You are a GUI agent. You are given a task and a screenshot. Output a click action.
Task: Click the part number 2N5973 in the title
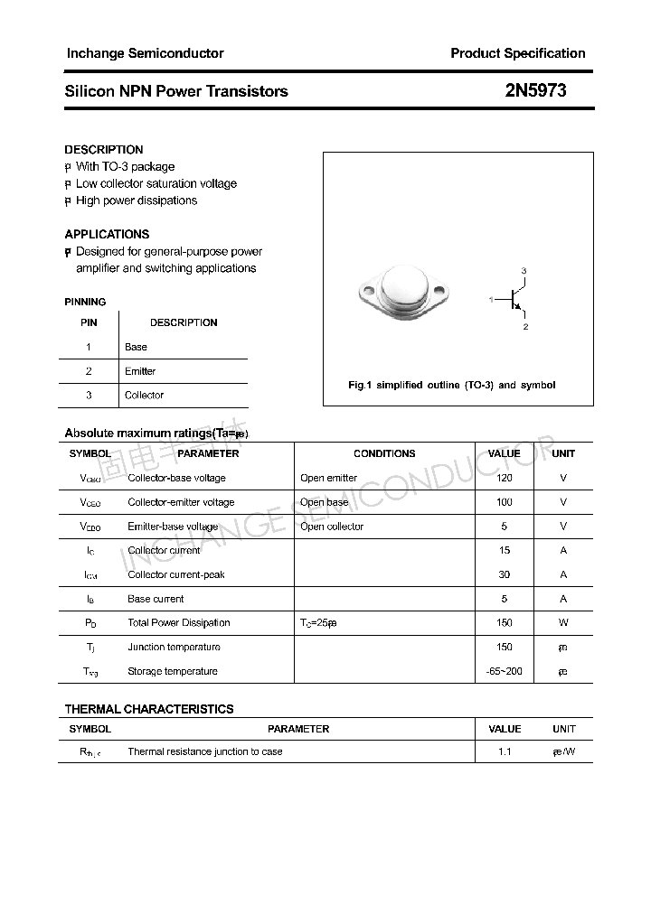(535, 90)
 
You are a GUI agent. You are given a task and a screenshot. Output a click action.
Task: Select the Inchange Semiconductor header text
(145, 53)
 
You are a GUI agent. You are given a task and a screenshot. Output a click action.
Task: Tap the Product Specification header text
(517, 53)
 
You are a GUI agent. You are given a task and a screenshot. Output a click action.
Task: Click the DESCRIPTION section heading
(104, 150)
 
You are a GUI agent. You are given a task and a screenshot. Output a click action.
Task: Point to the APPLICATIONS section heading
(107, 234)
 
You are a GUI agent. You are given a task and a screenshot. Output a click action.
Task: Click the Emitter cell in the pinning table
(140, 371)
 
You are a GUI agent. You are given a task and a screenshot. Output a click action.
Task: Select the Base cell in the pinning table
(136, 347)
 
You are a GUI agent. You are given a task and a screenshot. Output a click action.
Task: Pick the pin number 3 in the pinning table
(89, 396)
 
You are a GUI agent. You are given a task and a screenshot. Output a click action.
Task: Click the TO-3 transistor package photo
(403, 292)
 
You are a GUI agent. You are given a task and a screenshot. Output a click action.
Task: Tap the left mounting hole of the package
(367, 291)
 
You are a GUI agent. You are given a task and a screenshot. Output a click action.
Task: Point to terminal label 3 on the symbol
(524, 272)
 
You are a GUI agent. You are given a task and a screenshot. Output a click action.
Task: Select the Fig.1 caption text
(452, 385)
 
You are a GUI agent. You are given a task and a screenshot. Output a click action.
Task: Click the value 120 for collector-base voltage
(505, 478)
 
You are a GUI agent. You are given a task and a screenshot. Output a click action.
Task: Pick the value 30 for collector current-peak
(505, 574)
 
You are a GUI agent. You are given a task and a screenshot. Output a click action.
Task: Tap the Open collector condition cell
(332, 527)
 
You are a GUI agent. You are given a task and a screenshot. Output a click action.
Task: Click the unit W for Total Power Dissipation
(563, 623)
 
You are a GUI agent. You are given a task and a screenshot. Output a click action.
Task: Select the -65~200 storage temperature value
(505, 671)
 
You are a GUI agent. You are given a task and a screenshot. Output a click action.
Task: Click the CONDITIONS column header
(384, 453)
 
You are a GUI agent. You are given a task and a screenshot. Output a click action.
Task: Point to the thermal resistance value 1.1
(505, 751)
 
